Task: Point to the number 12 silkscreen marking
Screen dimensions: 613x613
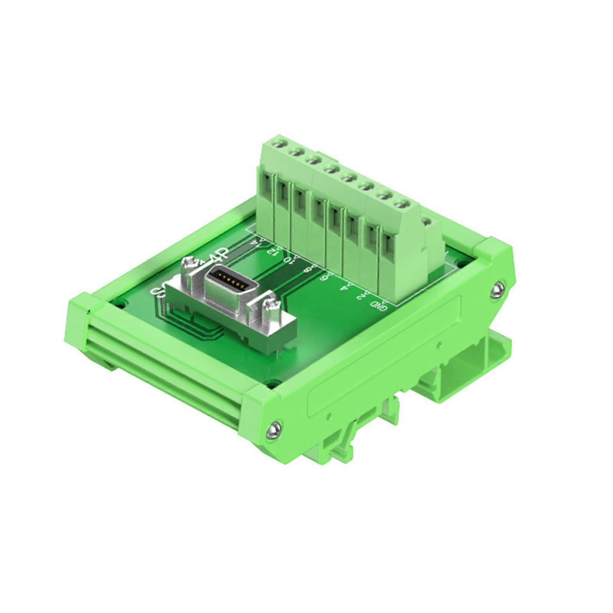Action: [272, 251]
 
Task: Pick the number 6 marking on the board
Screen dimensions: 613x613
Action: [324, 277]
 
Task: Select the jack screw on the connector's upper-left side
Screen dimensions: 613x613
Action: [189, 264]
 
